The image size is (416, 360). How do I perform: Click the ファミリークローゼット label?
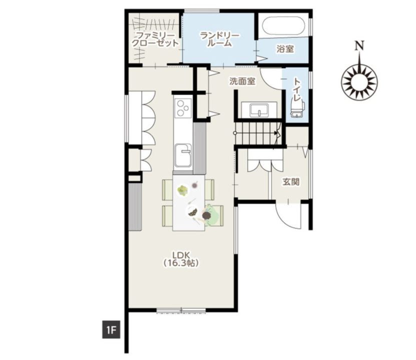[x=155, y=39]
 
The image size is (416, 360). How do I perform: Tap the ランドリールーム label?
[x=220, y=39]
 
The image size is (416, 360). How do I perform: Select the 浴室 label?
[x=285, y=49]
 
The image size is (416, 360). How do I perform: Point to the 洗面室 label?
[x=242, y=81]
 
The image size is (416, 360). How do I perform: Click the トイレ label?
[x=297, y=89]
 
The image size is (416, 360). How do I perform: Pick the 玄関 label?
[x=291, y=182]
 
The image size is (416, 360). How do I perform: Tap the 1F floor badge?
[x=112, y=330]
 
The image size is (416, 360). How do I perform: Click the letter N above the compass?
[x=359, y=46]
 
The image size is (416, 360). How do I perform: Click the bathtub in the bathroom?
[x=283, y=25]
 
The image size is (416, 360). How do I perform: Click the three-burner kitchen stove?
[x=183, y=108]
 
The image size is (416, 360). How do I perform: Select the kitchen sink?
[x=183, y=156]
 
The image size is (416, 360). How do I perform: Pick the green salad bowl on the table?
[x=183, y=190]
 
